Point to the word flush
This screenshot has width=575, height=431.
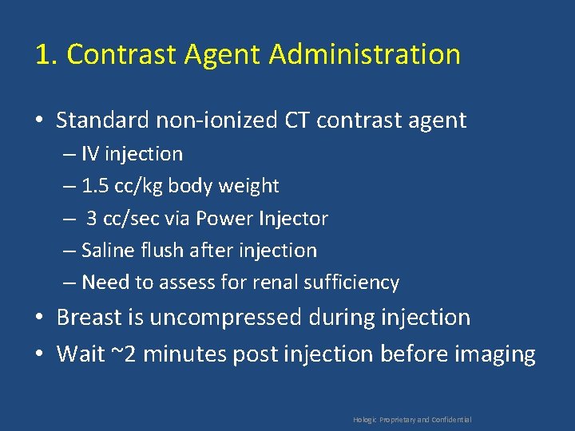pos(166,251)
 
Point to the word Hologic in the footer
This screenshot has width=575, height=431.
pos(365,420)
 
